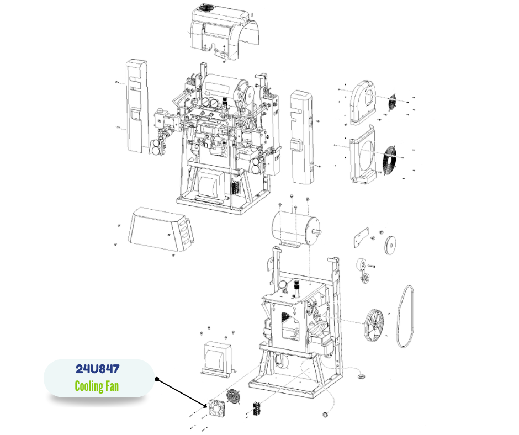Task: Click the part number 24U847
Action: (97, 369)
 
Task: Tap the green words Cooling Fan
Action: (97, 386)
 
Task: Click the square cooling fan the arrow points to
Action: (216, 408)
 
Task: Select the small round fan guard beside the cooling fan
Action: (234, 396)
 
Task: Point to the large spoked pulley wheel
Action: (374, 326)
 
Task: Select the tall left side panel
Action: (137, 106)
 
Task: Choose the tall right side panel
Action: (301, 137)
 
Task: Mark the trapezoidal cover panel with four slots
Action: (161, 229)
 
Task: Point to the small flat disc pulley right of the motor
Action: (390, 245)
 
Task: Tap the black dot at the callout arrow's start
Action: (157, 379)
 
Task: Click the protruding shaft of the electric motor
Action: (316, 232)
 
